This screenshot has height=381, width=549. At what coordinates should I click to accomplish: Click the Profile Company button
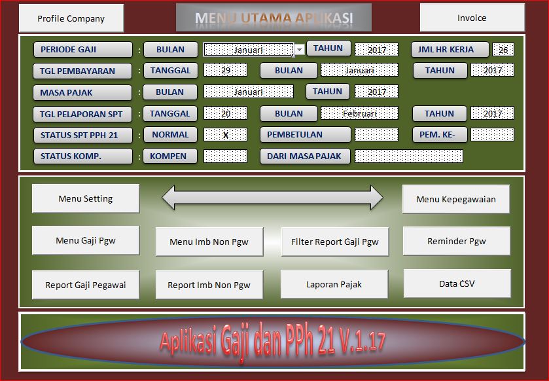click(71, 18)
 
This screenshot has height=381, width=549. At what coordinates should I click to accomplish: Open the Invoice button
click(472, 18)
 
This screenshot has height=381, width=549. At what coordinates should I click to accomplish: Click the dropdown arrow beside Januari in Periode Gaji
click(299, 50)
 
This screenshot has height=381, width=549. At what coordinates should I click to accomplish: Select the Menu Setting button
click(85, 198)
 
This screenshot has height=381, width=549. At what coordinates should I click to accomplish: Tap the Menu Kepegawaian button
click(456, 199)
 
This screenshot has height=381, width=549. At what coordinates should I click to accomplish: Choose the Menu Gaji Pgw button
click(85, 240)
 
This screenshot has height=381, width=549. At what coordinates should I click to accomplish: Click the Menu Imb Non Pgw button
click(209, 242)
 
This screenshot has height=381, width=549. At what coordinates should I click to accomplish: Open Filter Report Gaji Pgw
click(334, 242)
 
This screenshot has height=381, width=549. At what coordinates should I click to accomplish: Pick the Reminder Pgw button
click(456, 241)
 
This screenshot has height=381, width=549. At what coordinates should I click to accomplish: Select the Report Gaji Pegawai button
click(85, 285)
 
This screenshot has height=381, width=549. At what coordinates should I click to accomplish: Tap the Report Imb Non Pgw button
click(209, 285)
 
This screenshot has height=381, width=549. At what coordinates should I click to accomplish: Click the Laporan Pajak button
click(334, 284)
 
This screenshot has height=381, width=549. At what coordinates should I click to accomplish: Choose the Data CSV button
click(457, 283)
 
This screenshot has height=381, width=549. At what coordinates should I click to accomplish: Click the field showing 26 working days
click(503, 50)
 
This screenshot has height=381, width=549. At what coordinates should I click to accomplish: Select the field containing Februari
click(359, 113)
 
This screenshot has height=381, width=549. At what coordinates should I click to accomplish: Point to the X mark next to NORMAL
click(225, 135)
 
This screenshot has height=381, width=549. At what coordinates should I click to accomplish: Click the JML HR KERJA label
click(450, 49)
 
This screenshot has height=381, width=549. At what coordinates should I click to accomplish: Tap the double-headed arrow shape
click(272, 197)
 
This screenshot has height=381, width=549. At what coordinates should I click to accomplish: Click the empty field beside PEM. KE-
click(492, 135)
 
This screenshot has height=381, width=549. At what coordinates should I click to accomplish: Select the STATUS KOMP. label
click(82, 156)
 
